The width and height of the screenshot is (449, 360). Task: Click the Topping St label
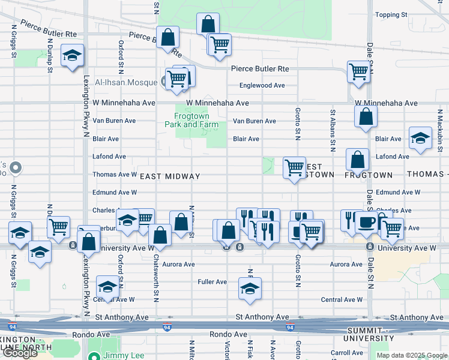[391, 14]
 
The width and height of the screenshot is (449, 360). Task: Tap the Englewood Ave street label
[262, 86]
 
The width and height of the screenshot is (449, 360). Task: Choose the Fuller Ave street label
[212, 281]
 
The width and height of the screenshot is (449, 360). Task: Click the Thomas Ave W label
[115, 175]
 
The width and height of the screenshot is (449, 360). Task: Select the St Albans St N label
[331, 130]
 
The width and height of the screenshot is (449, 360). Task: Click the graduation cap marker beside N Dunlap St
[72, 56]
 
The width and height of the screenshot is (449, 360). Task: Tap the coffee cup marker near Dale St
[367, 221]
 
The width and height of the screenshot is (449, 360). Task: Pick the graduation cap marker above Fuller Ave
[250, 288]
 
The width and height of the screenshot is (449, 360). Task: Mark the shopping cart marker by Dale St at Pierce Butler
[358, 71]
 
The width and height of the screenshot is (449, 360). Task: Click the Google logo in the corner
[20, 353]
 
